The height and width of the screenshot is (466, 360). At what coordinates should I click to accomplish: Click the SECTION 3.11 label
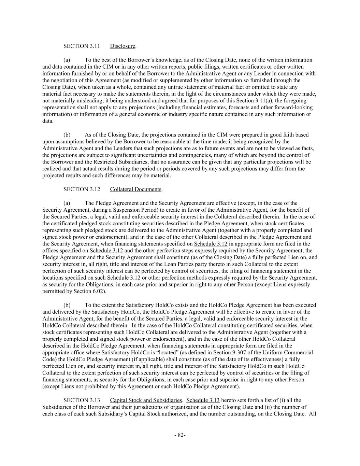(x=82, y=46)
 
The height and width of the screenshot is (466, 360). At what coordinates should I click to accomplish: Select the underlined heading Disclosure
(x=123, y=46)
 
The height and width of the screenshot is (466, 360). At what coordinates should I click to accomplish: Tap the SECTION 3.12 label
(x=82, y=189)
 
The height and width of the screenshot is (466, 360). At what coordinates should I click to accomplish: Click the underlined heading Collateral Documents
(x=135, y=189)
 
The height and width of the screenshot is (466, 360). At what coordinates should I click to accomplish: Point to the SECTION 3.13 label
(x=82, y=400)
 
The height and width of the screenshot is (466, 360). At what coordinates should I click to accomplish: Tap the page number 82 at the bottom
(x=180, y=435)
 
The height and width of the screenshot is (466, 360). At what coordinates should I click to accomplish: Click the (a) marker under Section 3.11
(x=67, y=60)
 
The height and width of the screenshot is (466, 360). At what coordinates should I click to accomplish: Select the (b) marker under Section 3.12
(x=67, y=305)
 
